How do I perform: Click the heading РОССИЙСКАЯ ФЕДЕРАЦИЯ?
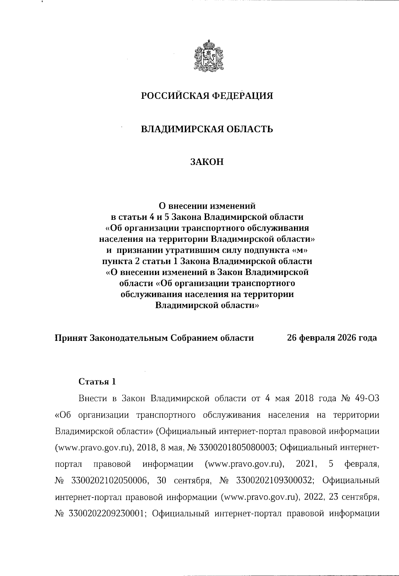click(x=207, y=96)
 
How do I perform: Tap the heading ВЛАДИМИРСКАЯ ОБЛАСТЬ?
click(x=207, y=129)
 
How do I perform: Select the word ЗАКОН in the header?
click(x=207, y=162)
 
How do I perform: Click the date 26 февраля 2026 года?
click(x=332, y=338)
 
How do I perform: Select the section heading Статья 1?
click(x=97, y=381)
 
